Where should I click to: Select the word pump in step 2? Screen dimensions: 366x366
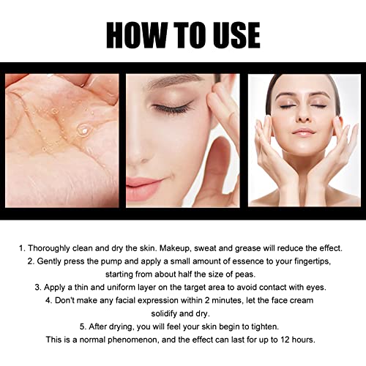coord(129,261)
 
